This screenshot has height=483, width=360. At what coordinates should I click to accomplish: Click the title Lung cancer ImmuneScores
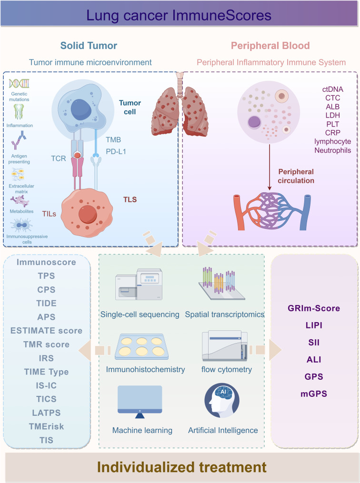180,15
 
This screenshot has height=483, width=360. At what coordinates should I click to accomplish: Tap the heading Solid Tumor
89,46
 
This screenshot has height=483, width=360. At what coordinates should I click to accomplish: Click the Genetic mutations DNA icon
20,84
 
